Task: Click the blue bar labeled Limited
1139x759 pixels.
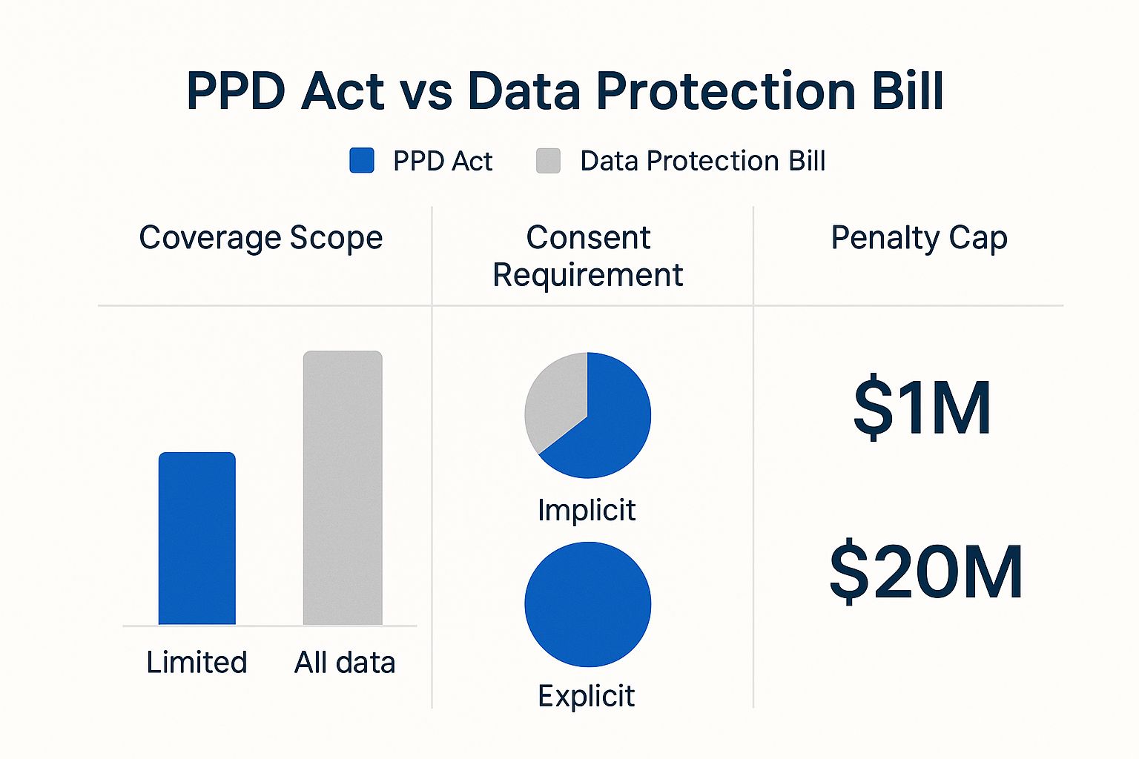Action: pyautogui.click(x=197, y=539)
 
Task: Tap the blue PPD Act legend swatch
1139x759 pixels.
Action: pyautogui.click(x=362, y=160)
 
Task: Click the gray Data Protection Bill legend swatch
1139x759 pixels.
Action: pyautogui.click(x=548, y=160)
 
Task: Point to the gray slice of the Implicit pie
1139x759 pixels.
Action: pyautogui.click(x=552, y=404)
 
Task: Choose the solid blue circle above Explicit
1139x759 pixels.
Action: pyautogui.click(x=587, y=604)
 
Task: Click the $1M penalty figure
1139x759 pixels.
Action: pyautogui.click(x=922, y=408)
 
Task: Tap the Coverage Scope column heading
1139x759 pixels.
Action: pyautogui.click(x=261, y=238)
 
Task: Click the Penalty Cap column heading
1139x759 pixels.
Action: pyautogui.click(x=919, y=238)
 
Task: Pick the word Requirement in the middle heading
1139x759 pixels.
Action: pyautogui.click(x=587, y=275)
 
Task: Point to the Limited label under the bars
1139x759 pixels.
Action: pyautogui.click(x=197, y=662)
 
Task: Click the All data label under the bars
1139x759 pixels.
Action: pyautogui.click(x=345, y=662)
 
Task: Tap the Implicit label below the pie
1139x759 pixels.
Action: pyautogui.click(x=587, y=510)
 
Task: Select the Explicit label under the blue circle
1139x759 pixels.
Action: pyautogui.click(x=586, y=696)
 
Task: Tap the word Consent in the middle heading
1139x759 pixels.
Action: pyautogui.click(x=588, y=238)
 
